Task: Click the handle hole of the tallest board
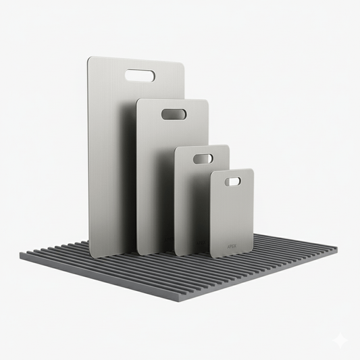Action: click(x=140, y=76)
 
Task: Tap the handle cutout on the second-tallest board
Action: click(x=174, y=114)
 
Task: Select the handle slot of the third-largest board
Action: click(x=203, y=158)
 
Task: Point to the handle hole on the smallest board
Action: click(x=232, y=181)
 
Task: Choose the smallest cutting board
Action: click(x=232, y=216)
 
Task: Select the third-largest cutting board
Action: click(x=192, y=203)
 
